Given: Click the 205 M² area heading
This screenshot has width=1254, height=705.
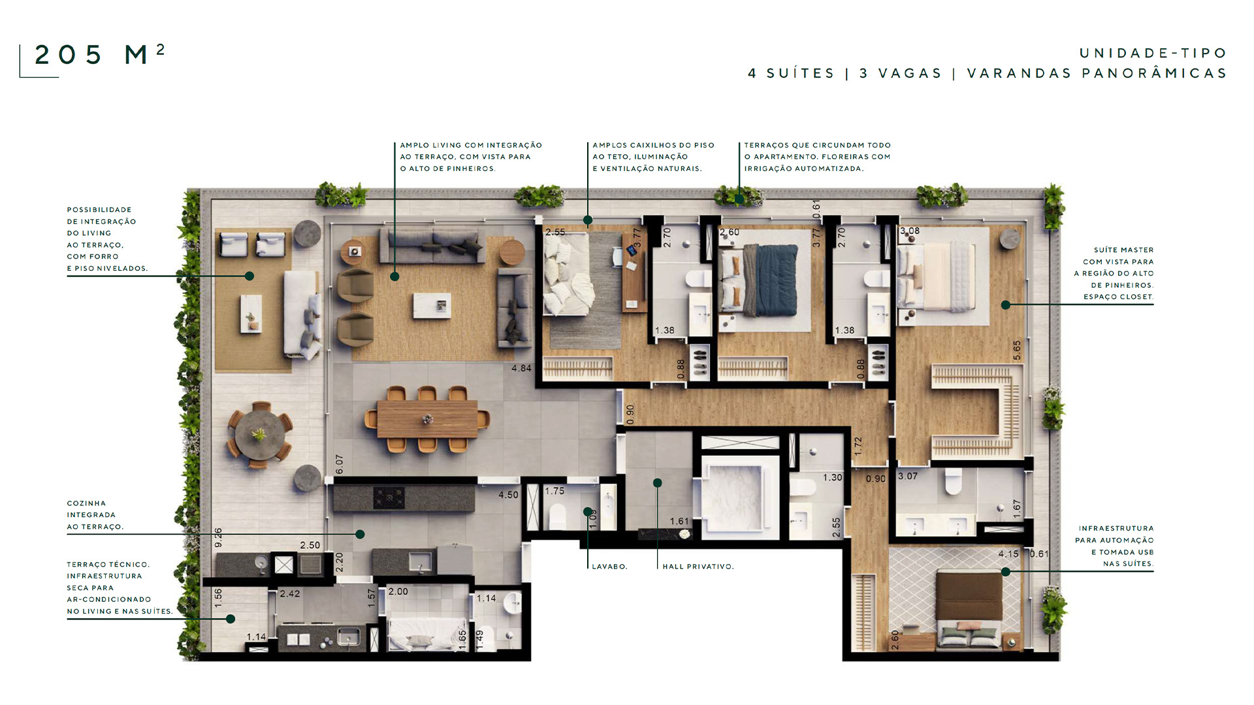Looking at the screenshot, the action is click(99, 55).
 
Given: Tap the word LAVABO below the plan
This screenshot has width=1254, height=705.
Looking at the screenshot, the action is click(609, 567).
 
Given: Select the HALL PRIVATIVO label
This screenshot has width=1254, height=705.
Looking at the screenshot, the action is click(698, 567).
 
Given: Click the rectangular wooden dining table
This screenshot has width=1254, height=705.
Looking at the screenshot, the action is click(427, 419).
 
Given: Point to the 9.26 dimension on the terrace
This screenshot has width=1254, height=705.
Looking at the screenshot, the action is click(218, 538).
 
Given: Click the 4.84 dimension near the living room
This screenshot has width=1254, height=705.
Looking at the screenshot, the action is click(521, 368).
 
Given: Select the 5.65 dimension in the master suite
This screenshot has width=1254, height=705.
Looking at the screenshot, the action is click(1017, 351).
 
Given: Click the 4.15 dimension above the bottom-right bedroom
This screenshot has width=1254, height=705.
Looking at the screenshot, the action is click(1008, 554).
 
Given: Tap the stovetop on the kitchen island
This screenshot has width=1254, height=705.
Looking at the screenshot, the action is click(389, 498).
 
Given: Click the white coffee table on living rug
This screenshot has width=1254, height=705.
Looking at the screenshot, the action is click(432, 305).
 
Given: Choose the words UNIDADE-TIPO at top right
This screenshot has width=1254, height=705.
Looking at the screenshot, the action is click(1153, 53).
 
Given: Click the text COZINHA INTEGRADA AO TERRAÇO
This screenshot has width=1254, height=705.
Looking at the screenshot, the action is click(95, 515).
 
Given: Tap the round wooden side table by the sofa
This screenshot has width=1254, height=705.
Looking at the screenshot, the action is click(511, 251).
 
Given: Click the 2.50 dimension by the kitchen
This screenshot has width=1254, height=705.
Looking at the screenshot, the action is click(310, 545).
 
